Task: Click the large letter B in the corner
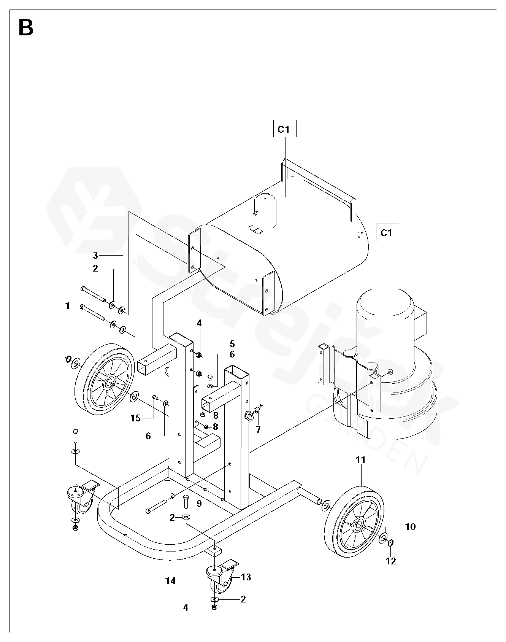click(26, 28)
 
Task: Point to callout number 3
click(95, 255)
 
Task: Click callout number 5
click(232, 345)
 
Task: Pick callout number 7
click(258, 430)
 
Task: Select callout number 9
click(199, 504)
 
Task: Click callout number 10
click(410, 527)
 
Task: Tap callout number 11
click(360, 460)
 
